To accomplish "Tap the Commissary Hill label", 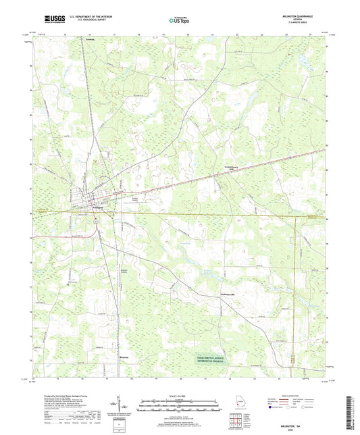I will point(232,170).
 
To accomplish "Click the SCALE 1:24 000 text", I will point(179,394).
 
